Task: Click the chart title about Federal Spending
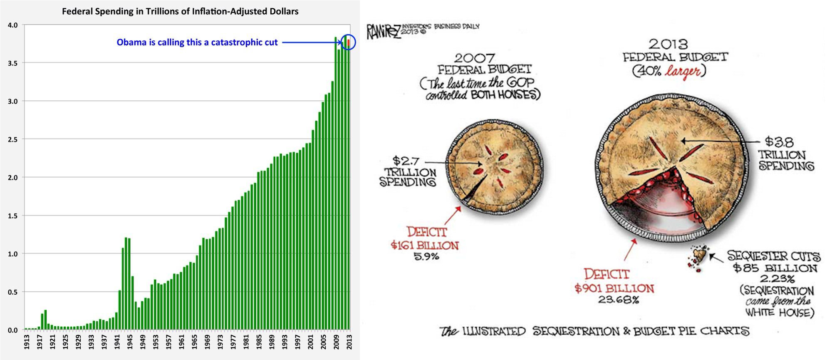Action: click(180, 11)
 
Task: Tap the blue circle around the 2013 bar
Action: click(349, 42)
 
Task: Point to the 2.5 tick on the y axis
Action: click(12, 139)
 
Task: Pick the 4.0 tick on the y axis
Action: click(12, 25)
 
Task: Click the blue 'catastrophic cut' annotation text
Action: click(197, 42)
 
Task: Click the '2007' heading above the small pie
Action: click(474, 57)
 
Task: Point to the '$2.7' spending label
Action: click(405, 160)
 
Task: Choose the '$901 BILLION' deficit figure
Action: click(614, 288)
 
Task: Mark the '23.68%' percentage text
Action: click(618, 299)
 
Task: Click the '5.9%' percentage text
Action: click(426, 256)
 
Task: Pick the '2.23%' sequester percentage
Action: click(776, 279)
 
